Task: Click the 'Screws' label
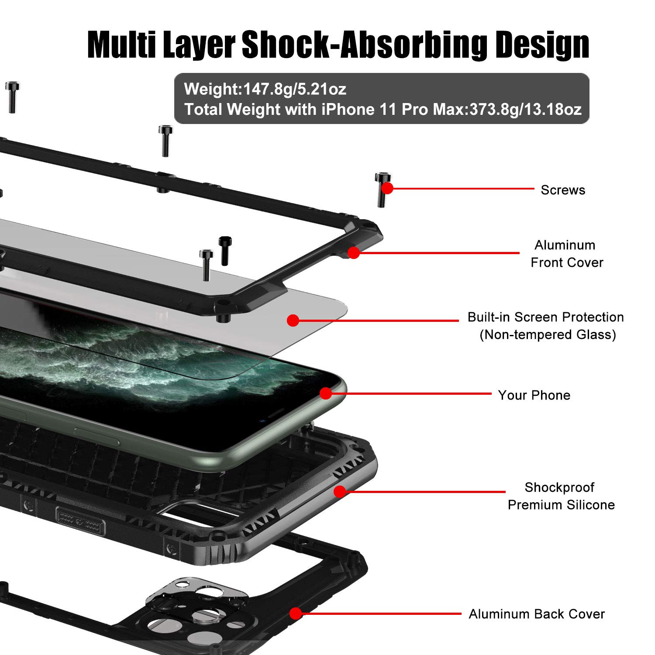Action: tap(563, 190)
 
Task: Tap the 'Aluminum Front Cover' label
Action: tap(566, 254)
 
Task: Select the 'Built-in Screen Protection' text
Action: tap(545, 317)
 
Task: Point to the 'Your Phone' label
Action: tap(534, 395)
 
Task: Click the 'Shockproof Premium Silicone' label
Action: tap(561, 496)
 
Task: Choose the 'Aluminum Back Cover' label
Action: tap(537, 614)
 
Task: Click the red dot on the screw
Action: tap(387, 188)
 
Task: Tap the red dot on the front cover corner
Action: tap(354, 252)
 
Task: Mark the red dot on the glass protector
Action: tap(293, 321)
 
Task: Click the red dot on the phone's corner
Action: tap(326, 393)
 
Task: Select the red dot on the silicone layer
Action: tap(340, 492)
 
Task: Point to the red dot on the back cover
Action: tap(296, 614)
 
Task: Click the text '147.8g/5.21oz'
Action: tap(295, 89)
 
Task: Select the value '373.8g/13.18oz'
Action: tap(526, 109)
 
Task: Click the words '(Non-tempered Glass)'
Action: tap(548, 335)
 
